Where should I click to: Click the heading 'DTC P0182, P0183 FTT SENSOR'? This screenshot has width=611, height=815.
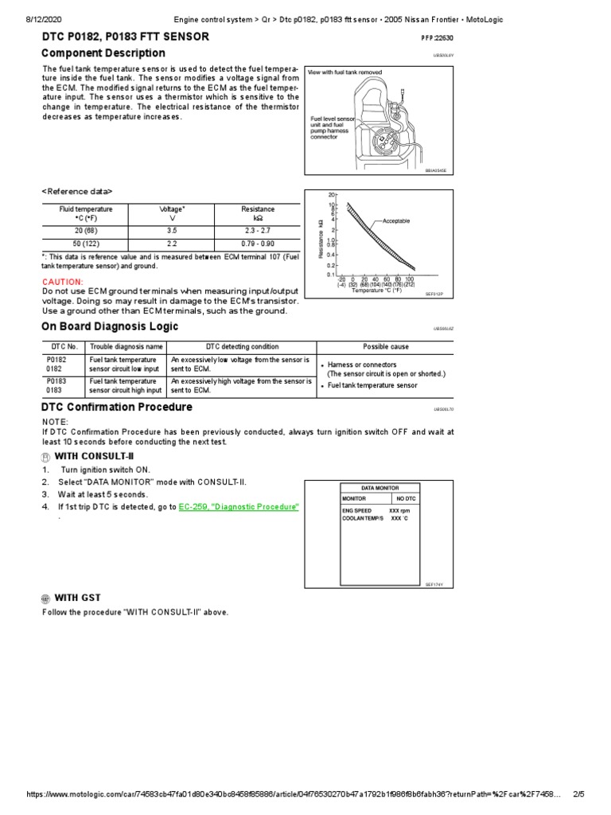pos(126,37)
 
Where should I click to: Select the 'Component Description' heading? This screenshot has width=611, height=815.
pos(103,53)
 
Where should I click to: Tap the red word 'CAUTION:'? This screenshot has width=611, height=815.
pos(62,282)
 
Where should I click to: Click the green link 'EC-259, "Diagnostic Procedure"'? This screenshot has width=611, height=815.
pos(239,506)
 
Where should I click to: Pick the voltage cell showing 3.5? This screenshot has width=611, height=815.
pos(172,230)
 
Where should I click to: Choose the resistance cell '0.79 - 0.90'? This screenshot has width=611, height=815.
pos(258,243)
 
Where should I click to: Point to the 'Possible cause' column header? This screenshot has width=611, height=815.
pos(385,347)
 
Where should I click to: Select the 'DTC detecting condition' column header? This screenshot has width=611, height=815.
pos(242,347)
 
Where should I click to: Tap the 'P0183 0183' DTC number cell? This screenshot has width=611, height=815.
pos(56,386)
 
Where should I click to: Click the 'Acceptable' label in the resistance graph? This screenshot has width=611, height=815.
pos(396,220)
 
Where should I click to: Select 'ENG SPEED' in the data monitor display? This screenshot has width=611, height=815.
pos(357,510)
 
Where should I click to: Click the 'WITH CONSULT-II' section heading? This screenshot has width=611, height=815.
pos(88,457)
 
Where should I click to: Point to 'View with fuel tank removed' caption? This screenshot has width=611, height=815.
pos(344,72)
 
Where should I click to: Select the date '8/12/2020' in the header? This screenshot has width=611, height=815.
pos(22,19)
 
